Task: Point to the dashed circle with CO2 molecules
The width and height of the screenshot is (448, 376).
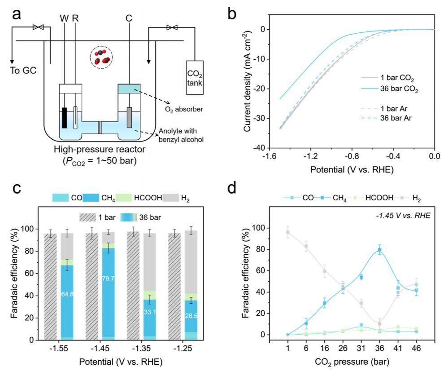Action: pyautogui.click(x=101, y=56)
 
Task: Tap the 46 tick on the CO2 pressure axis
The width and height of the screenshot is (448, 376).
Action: pyautogui.click(x=417, y=349)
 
